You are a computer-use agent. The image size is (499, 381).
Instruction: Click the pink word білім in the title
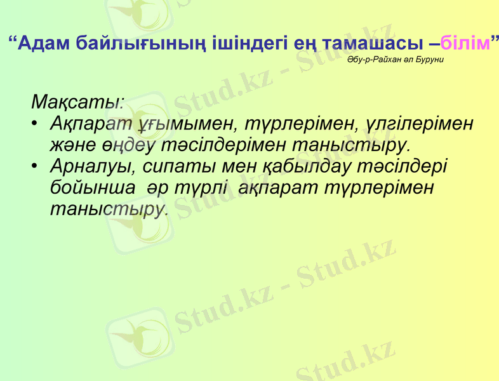pyautogui.click(x=465, y=43)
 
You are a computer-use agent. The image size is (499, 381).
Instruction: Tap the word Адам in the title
pyautogui.click(x=44, y=43)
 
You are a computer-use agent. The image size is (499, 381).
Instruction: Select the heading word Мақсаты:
pyautogui.click(x=77, y=102)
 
